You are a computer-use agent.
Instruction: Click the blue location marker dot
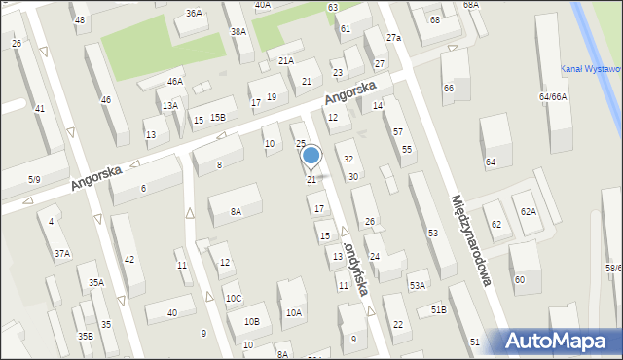point(311,155)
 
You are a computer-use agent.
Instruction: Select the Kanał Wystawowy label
point(592,68)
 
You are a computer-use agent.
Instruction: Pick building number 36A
point(195,13)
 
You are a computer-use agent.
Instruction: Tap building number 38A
point(238,32)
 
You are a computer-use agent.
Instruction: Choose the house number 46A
point(174,82)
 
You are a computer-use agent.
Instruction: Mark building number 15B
point(216,118)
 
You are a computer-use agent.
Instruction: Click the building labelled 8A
point(236,211)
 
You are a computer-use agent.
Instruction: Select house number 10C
point(234,298)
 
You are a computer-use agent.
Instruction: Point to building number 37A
point(62,254)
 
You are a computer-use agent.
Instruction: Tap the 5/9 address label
point(34,179)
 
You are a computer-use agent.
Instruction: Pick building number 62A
point(528,211)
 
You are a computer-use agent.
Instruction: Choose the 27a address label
point(393,37)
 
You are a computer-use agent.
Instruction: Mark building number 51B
point(438,310)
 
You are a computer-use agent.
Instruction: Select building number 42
point(129,259)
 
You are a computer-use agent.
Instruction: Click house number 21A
point(285,60)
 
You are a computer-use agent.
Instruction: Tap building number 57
point(398,131)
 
